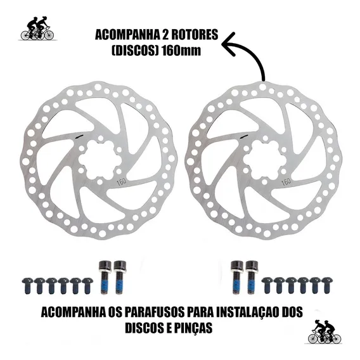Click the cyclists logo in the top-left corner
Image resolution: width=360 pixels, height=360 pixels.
click(37, 29)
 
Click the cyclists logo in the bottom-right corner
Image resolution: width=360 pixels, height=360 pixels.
click(325, 331)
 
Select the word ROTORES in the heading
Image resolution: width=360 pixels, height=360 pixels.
click(196, 35)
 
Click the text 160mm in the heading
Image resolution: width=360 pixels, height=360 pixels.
click(181, 51)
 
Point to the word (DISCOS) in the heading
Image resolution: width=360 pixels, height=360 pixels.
click(136, 51)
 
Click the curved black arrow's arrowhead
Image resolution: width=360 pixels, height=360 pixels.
click(229, 44)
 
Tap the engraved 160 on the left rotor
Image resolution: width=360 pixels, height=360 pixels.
click(122, 182)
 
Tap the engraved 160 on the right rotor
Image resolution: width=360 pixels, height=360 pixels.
click(286, 182)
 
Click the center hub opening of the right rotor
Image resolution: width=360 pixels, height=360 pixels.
click(264, 160)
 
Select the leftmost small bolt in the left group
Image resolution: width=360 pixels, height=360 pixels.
click(27, 286)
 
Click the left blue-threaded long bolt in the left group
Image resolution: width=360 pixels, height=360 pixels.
click(105, 277)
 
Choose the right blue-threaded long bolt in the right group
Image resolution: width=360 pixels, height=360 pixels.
click(252, 277)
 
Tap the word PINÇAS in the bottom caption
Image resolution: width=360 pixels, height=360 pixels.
click(193, 328)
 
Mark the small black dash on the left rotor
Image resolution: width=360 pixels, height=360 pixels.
click(79, 136)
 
